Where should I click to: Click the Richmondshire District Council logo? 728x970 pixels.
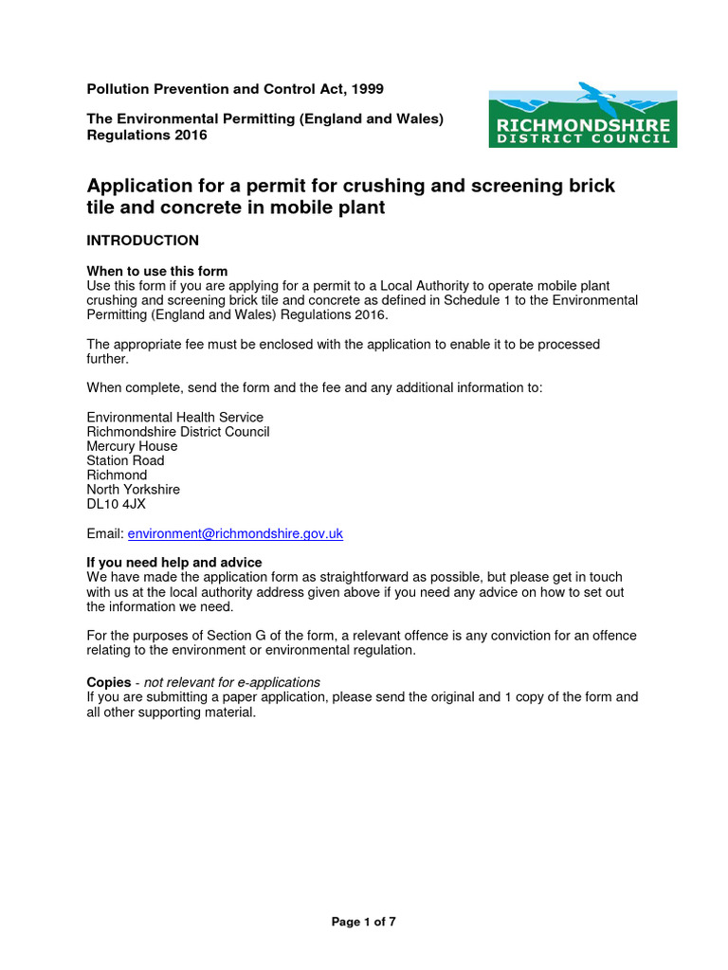[x=582, y=118]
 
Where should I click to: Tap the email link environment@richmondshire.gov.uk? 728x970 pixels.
[x=235, y=534]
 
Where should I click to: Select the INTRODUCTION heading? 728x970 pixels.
[x=143, y=241]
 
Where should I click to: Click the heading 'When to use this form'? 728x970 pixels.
[x=157, y=272]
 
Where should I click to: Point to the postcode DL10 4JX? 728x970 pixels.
[x=117, y=504]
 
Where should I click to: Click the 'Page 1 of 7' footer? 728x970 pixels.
[x=363, y=922]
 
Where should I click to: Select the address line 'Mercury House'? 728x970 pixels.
[x=132, y=446]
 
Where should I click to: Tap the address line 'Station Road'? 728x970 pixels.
[x=125, y=460]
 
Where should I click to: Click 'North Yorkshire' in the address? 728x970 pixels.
[x=133, y=490]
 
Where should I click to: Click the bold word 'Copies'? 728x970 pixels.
[x=109, y=682]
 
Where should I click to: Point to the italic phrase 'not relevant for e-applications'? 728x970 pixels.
[x=232, y=682]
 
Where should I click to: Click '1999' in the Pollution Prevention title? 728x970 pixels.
[x=367, y=89]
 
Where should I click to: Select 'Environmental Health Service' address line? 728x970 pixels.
[x=175, y=417]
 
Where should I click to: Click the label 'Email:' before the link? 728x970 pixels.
[x=105, y=534]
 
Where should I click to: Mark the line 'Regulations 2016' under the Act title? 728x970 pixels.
[x=147, y=135]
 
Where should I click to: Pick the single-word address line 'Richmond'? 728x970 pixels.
[x=117, y=475]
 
